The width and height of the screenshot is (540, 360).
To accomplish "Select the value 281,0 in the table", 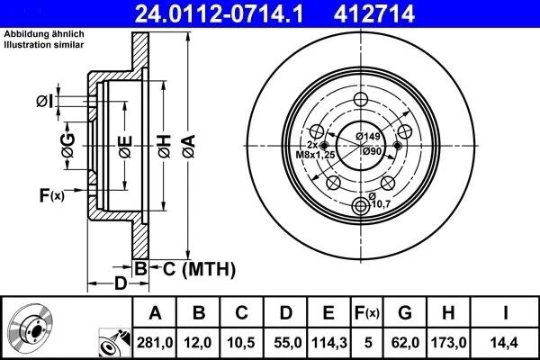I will click(x=155, y=342).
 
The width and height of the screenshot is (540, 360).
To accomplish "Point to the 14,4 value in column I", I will click(x=507, y=342).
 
